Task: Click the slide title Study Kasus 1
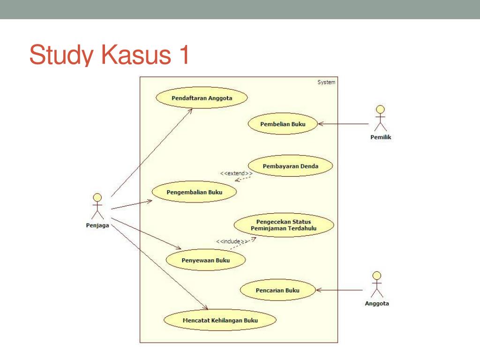109,55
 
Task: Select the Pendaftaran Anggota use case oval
202,98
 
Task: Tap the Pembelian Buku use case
283,124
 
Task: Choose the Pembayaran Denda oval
290,166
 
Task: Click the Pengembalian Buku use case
195,192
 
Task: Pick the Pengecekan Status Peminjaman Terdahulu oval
284,225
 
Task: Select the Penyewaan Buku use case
206,260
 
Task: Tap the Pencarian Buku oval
277,290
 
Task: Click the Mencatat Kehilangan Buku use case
220,321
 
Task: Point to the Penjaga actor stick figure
97,206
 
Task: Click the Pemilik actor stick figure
381,118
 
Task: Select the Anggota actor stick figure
376,285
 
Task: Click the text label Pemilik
381,137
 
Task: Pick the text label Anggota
377,303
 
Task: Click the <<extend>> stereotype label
236,173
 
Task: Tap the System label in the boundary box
326,82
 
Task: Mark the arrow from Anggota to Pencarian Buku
340,290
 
